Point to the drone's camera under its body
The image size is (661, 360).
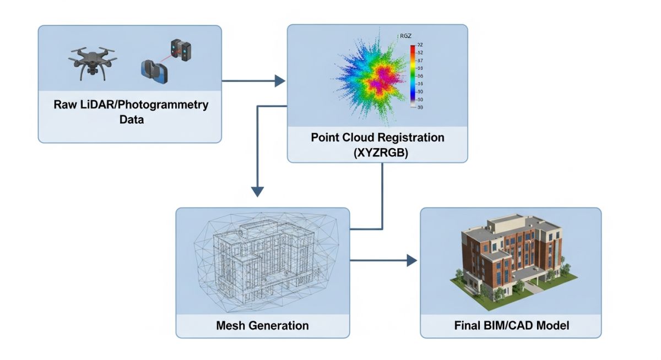tap(93, 70)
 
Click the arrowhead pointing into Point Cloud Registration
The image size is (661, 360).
tap(280, 81)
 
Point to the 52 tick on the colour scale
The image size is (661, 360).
tap(420, 52)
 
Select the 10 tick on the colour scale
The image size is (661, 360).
tap(420, 91)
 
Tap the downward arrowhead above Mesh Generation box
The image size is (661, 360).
tap(257, 192)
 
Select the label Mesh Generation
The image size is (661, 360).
tap(262, 325)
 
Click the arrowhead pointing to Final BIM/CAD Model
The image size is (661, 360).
tap(411, 260)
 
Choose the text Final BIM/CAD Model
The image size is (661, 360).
tap(511, 325)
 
